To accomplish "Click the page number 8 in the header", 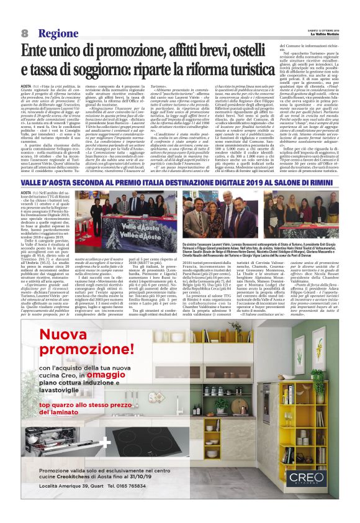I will [24, 33].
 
